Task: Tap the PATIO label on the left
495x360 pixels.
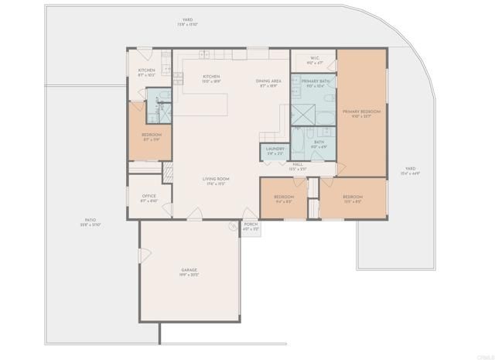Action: click(x=90, y=222)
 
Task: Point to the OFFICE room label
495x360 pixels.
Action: click(x=148, y=198)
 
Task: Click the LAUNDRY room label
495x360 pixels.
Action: click(x=275, y=151)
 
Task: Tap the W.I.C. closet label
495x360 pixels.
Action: click(x=315, y=60)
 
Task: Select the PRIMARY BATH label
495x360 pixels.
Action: click(x=315, y=84)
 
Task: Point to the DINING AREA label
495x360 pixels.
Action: click(x=268, y=83)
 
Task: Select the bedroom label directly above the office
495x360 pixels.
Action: click(x=151, y=136)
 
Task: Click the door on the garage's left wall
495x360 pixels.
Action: click(x=140, y=256)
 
